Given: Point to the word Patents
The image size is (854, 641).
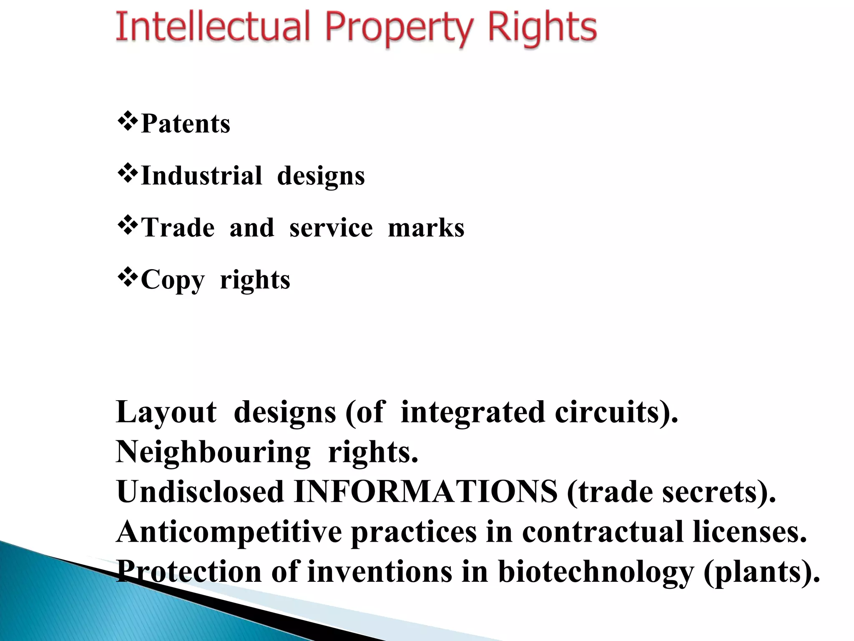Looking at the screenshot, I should click(x=186, y=124).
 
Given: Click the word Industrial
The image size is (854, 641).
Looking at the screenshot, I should click(x=202, y=175).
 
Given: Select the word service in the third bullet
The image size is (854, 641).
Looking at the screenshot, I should click(x=331, y=228).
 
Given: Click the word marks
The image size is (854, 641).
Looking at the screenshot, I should click(x=426, y=228).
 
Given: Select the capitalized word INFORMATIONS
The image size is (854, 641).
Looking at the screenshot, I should click(x=426, y=492).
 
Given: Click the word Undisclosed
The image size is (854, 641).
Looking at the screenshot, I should click(x=201, y=492).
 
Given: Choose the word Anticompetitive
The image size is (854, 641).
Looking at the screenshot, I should click(x=229, y=532).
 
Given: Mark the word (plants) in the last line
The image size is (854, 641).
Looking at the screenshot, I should click(x=761, y=572).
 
